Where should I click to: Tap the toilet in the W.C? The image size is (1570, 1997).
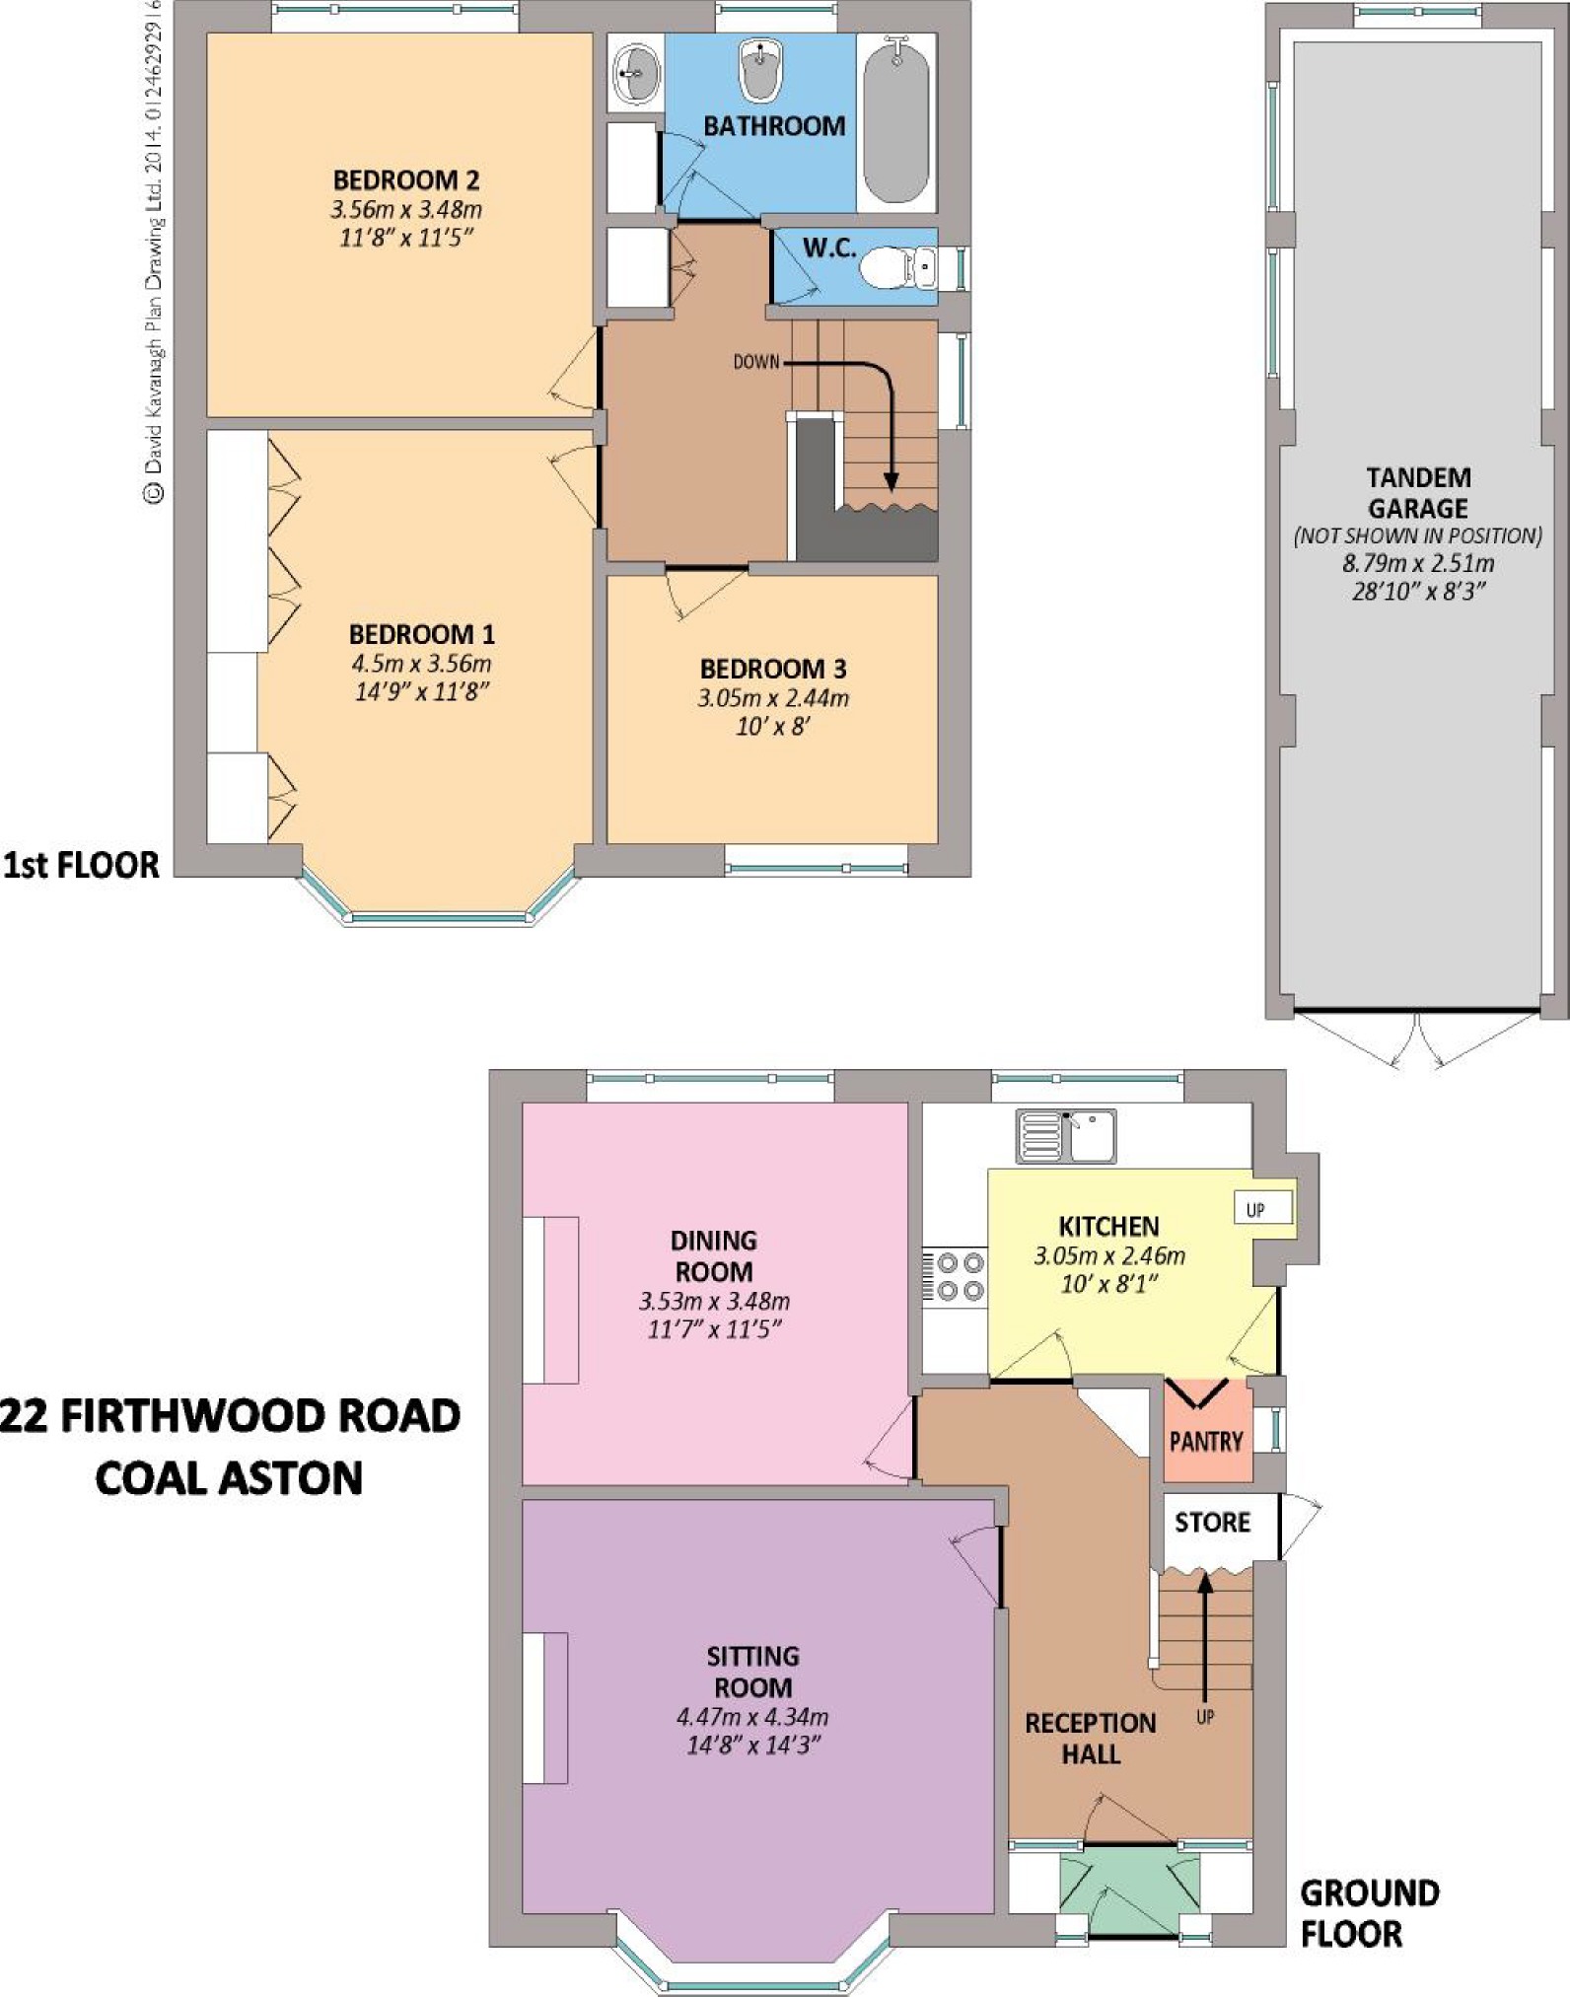(x=896, y=266)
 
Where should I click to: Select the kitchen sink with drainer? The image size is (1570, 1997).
(x=1066, y=1136)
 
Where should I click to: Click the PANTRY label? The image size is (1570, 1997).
(x=1206, y=1441)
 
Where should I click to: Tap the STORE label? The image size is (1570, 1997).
(x=1212, y=1522)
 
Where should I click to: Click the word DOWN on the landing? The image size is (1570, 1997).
(x=756, y=362)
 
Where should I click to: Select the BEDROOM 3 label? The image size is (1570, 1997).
(x=773, y=669)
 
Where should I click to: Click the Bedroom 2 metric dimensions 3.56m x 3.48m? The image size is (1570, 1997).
(x=406, y=209)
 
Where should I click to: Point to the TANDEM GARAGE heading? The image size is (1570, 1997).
(x=1418, y=493)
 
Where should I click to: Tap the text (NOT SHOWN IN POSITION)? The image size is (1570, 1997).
(x=1418, y=535)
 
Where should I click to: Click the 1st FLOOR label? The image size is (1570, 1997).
(x=81, y=865)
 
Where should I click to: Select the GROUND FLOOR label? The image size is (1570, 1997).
(x=1369, y=1913)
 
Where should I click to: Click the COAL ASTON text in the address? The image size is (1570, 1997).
(x=229, y=1477)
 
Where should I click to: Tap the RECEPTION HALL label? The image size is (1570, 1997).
(x=1091, y=1739)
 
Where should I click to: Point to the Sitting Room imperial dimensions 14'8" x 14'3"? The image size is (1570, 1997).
(x=753, y=1745)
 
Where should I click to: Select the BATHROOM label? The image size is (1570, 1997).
(x=774, y=125)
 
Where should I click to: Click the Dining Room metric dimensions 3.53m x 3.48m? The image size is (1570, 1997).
(x=714, y=1301)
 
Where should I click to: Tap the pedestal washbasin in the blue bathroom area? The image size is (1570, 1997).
(x=760, y=69)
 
